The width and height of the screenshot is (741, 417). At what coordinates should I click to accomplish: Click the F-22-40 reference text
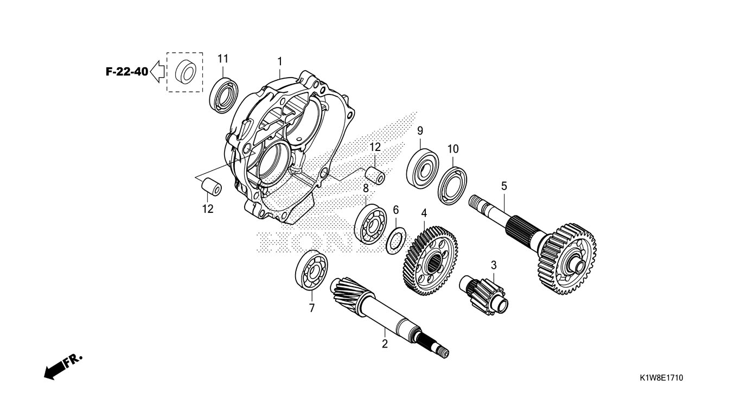tap(126, 72)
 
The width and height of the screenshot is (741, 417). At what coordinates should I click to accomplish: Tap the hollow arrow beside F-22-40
tap(157, 71)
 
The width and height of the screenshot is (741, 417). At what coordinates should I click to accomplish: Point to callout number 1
tap(280, 60)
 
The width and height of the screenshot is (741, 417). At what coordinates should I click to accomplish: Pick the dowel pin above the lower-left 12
tap(211, 186)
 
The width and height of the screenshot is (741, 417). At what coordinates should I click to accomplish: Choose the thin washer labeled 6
tap(397, 239)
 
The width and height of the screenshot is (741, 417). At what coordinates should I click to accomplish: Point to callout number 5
tap(504, 186)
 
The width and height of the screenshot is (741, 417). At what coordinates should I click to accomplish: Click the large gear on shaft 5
tap(567, 258)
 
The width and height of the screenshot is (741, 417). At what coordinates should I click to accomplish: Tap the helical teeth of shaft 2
tap(348, 293)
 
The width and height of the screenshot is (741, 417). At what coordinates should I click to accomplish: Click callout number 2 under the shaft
tap(385, 344)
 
